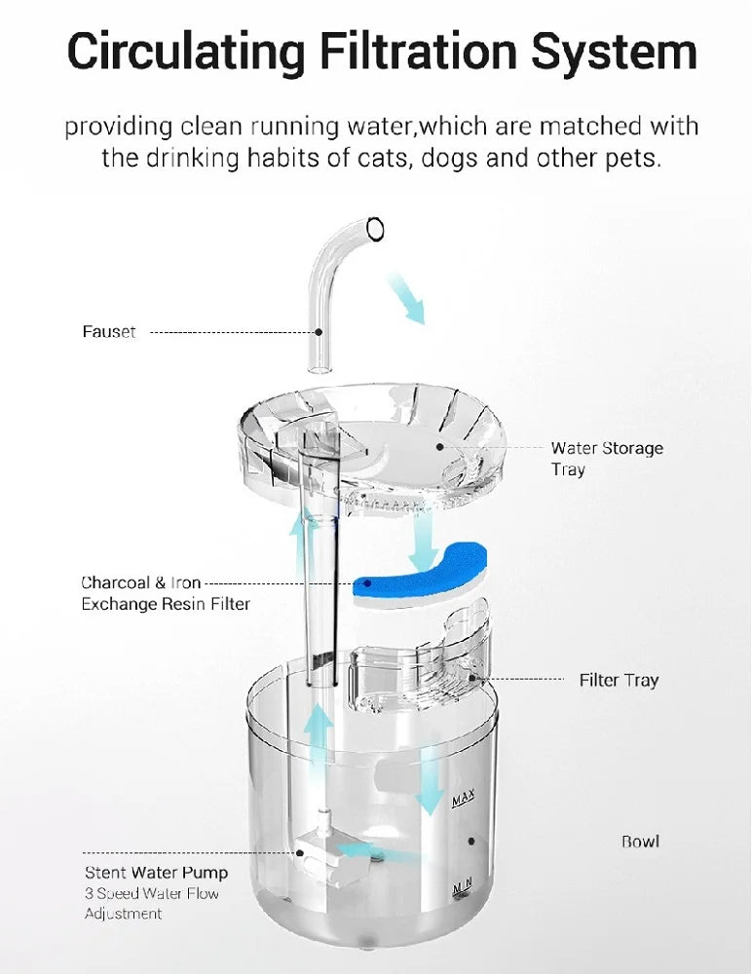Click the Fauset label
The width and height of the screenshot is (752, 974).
tap(109, 332)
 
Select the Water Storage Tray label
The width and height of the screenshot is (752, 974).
tap(606, 459)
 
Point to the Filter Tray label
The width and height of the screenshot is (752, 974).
tap(619, 680)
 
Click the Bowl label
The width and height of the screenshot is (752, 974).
tap(640, 841)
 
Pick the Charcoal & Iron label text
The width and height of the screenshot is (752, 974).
tap(140, 583)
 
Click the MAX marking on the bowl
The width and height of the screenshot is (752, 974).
tap(463, 801)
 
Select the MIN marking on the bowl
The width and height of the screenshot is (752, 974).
tap(462, 885)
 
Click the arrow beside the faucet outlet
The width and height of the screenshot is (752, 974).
tap(406, 297)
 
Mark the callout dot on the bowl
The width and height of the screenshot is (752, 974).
tap(471, 841)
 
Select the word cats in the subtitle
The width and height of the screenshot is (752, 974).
tap(369, 158)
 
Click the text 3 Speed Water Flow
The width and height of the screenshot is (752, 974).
tap(152, 894)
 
